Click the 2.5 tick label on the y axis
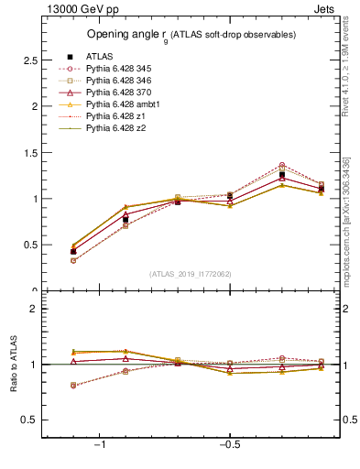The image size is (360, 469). click(29, 60)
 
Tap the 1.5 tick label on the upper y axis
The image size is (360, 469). click(29, 152)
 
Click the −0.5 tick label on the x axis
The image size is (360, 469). click(227, 444)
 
